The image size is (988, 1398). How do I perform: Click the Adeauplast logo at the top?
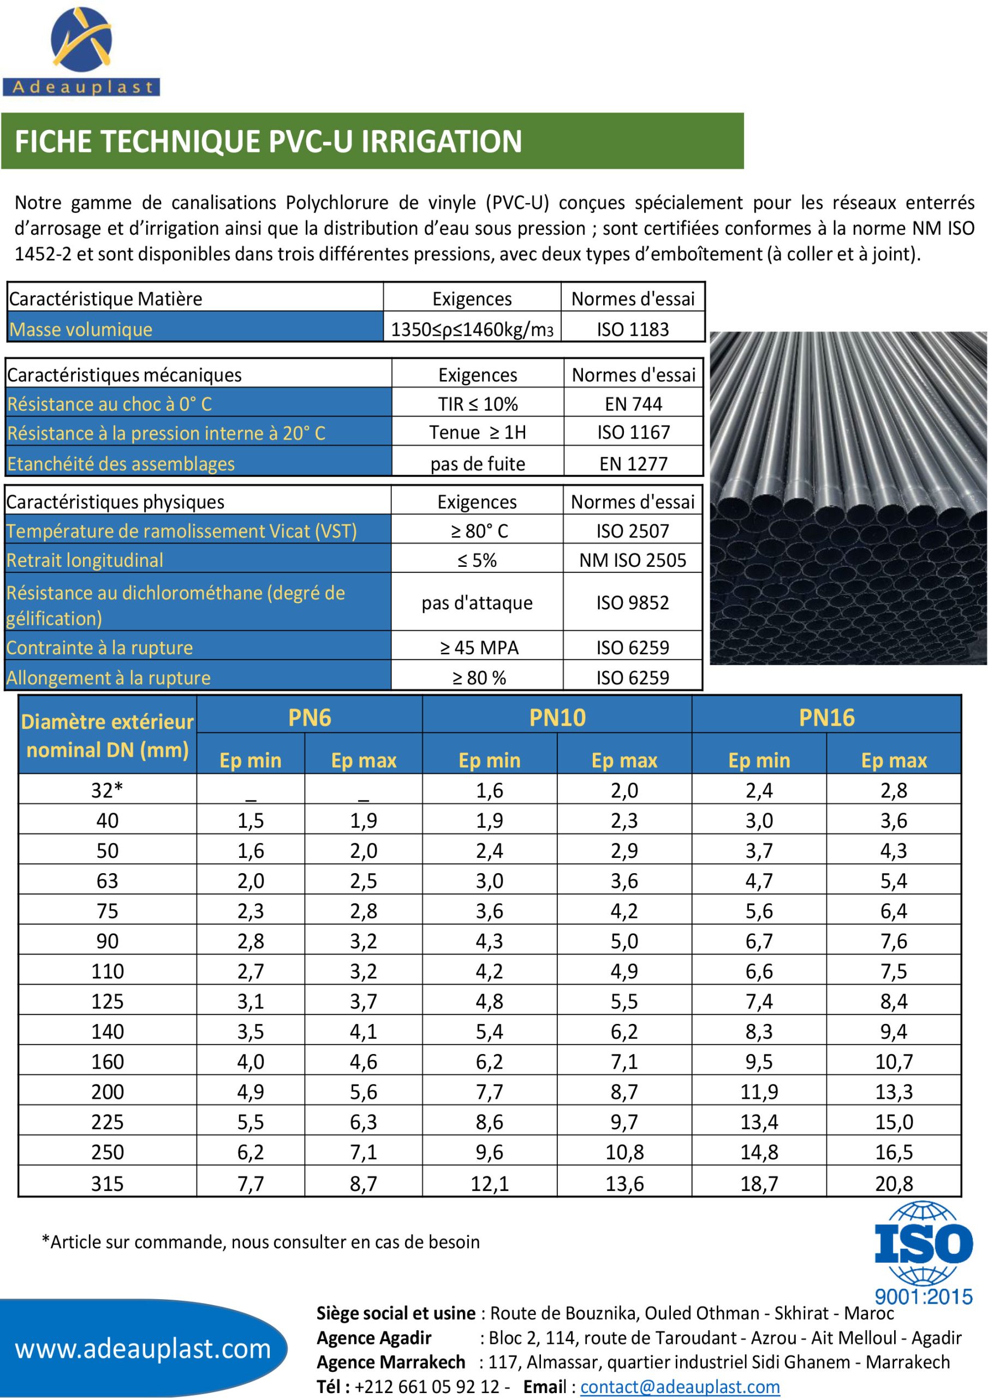[x=81, y=52]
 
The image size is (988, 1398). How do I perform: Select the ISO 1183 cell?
[x=633, y=329]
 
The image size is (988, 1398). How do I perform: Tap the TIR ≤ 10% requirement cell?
[x=477, y=404]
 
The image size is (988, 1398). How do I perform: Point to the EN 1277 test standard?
[x=633, y=464]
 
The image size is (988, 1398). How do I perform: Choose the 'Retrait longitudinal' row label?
[x=85, y=560]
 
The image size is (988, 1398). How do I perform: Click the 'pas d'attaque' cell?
[x=477, y=603]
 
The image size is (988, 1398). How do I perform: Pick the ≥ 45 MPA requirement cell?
[x=479, y=647]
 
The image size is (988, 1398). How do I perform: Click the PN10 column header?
[x=557, y=717]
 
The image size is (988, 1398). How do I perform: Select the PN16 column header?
[x=826, y=717]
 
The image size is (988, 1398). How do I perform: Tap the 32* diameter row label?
[x=107, y=790]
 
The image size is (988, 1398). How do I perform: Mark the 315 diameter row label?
[x=107, y=1183]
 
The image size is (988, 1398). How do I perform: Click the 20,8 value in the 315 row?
[x=894, y=1183]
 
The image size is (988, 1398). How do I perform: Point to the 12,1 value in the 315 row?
[x=490, y=1183]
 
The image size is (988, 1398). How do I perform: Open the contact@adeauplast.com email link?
[x=680, y=1387]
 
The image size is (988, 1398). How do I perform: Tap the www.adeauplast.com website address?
[x=143, y=1349]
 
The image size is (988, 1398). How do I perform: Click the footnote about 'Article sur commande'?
[x=260, y=1241]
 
